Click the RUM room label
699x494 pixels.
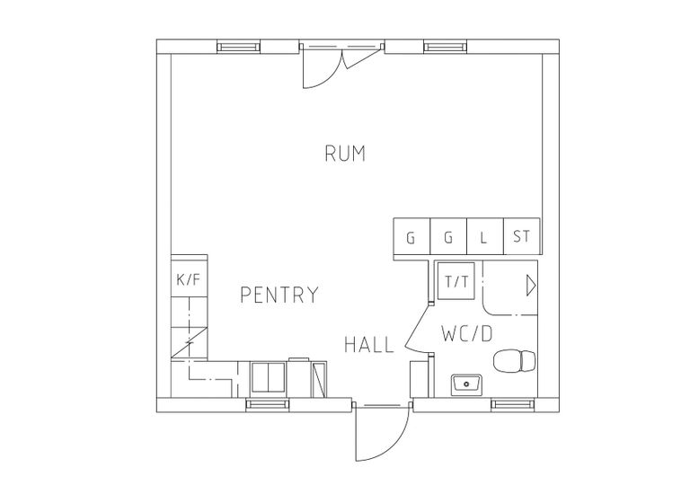click(x=345, y=154)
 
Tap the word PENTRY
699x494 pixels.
click(x=279, y=294)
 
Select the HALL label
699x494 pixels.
click(x=369, y=344)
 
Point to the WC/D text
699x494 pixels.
click(x=467, y=333)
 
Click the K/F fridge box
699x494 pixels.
click(x=189, y=279)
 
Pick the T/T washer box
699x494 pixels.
click(x=457, y=281)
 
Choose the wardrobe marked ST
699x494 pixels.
click(x=522, y=237)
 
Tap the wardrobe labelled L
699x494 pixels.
click(x=484, y=237)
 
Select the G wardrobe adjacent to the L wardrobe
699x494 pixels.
click(x=448, y=237)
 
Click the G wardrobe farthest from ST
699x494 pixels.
click(x=411, y=237)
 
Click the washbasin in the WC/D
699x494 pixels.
click(x=466, y=384)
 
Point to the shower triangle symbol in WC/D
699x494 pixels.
click(x=530, y=286)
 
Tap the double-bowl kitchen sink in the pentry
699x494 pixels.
click(x=267, y=376)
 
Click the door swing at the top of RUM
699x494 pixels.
click(x=322, y=67)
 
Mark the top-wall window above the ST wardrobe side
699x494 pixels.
click(x=441, y=47)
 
